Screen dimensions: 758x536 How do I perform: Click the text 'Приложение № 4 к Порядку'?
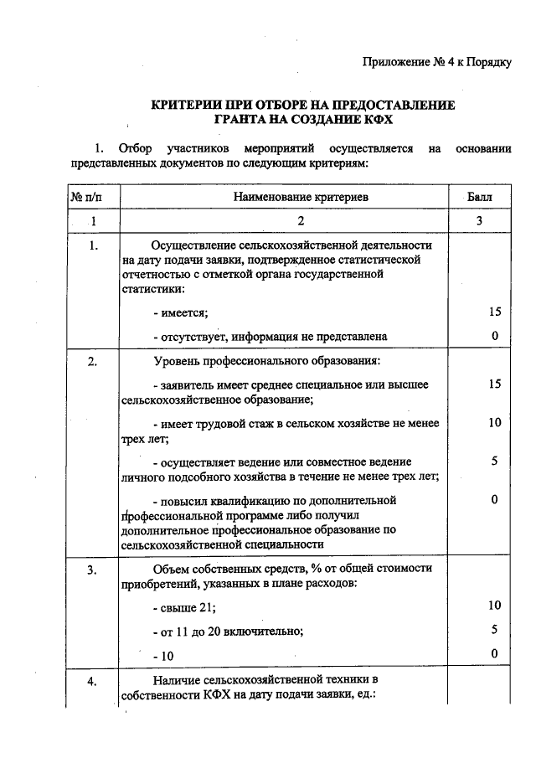(436, 63)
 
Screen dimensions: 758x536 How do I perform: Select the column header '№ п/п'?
(86, 197)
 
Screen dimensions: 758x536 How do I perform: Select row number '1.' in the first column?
(93, 245)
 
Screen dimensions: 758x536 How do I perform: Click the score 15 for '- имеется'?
(494, 312)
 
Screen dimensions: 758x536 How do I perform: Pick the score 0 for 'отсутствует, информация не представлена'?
(495, 336)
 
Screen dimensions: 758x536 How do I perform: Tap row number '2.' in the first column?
(93, 361)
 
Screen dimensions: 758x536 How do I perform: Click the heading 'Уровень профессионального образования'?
(267, 361)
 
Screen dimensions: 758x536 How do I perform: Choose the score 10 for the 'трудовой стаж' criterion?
(494, 423)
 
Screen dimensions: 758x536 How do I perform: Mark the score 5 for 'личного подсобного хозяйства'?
(495, 462)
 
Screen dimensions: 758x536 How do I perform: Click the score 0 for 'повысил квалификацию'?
(495, 500)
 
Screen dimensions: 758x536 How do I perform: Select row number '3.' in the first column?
(93, 568)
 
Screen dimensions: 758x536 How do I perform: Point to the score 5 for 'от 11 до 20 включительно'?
(495, 629)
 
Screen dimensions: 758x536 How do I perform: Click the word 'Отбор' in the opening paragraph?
(136, 149)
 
